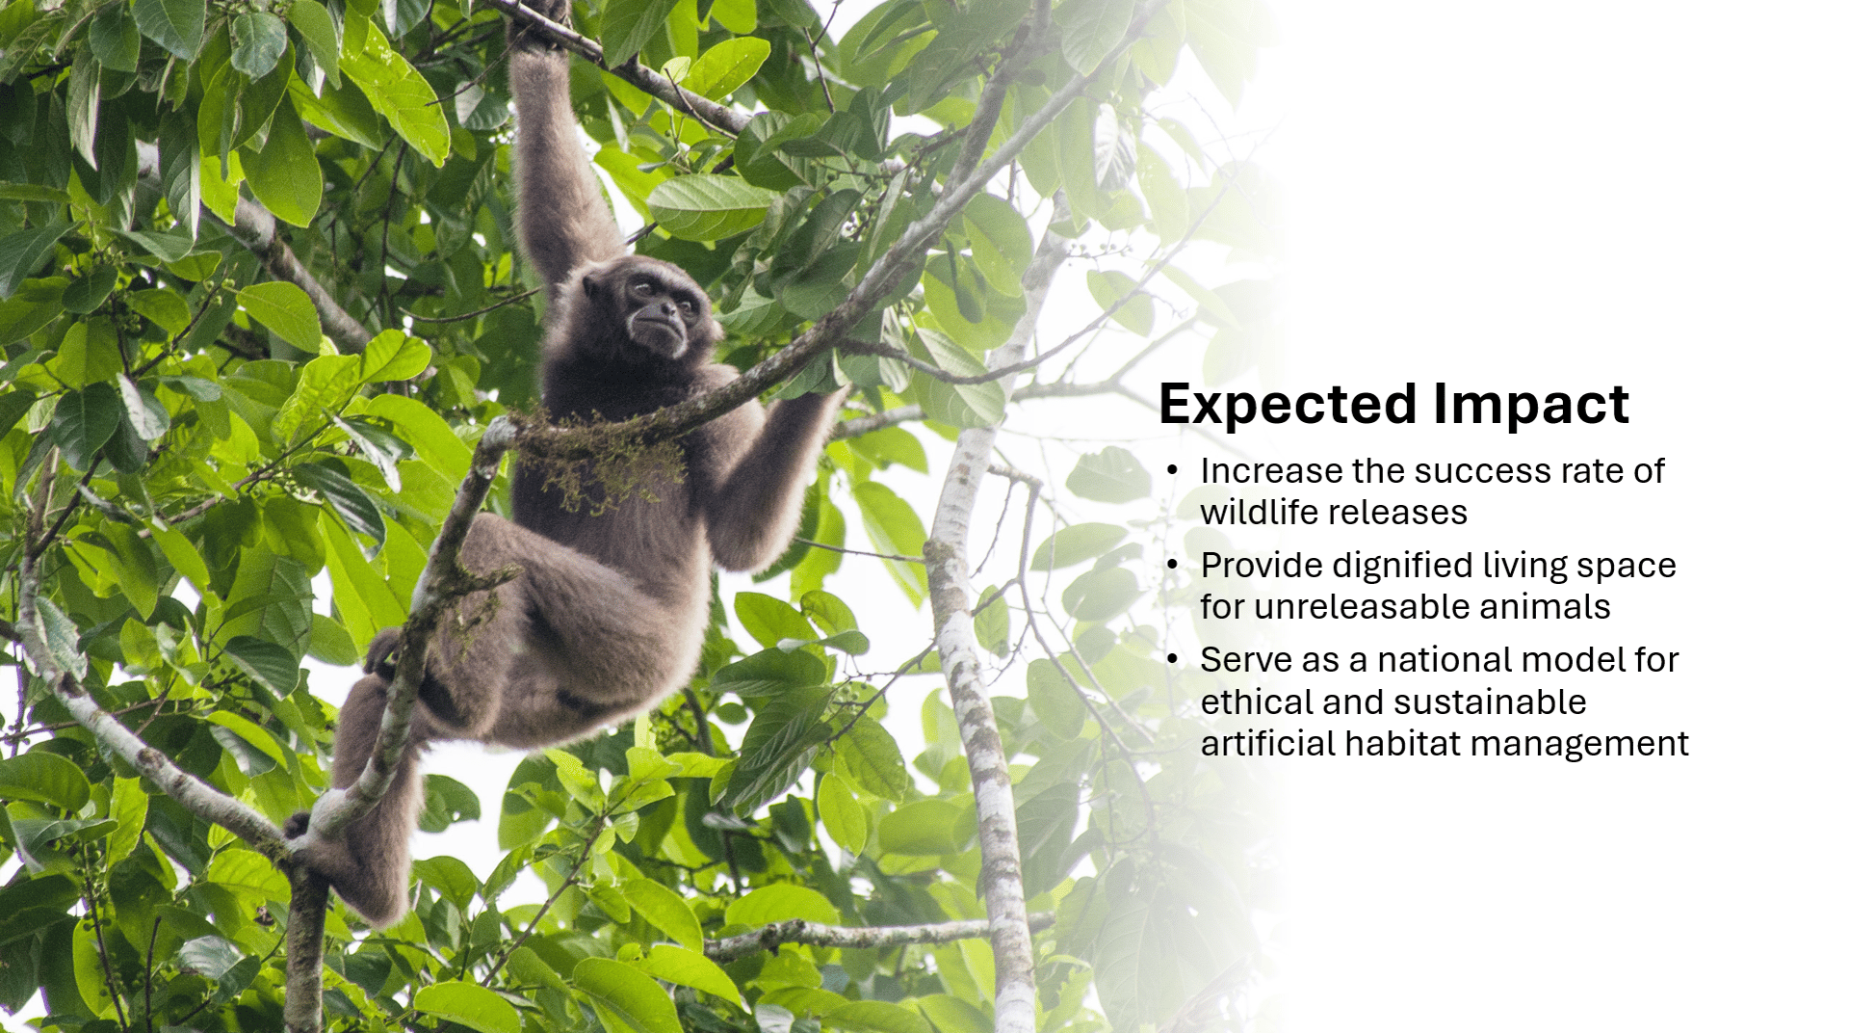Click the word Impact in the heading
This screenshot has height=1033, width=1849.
click(x=1531, y=405)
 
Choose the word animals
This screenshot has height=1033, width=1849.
click(x=1544, y=607)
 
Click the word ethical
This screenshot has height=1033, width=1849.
click(x=1257, y=702)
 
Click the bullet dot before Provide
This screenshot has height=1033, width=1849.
click(x=1172, y=566)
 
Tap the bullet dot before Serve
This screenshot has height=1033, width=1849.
click(x=1172, y=660)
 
